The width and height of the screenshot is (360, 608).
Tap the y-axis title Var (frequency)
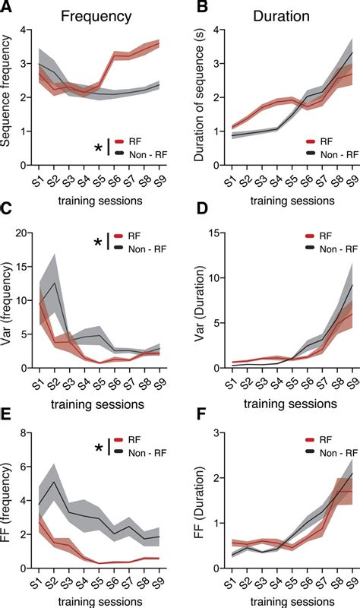[x=9, y=302]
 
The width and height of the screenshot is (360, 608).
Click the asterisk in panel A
[x=98, y=147]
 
